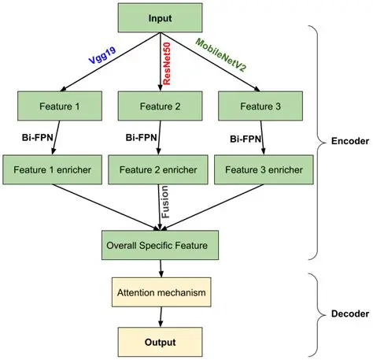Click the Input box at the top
tap(161, 17)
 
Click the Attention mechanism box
tap(161, 293)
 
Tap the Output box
tap(161, 343)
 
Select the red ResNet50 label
tap(169, 60)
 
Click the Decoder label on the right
tap(344, 314)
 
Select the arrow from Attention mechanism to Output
tap(161, 317)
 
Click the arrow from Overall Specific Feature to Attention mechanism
tap(161, 269)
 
